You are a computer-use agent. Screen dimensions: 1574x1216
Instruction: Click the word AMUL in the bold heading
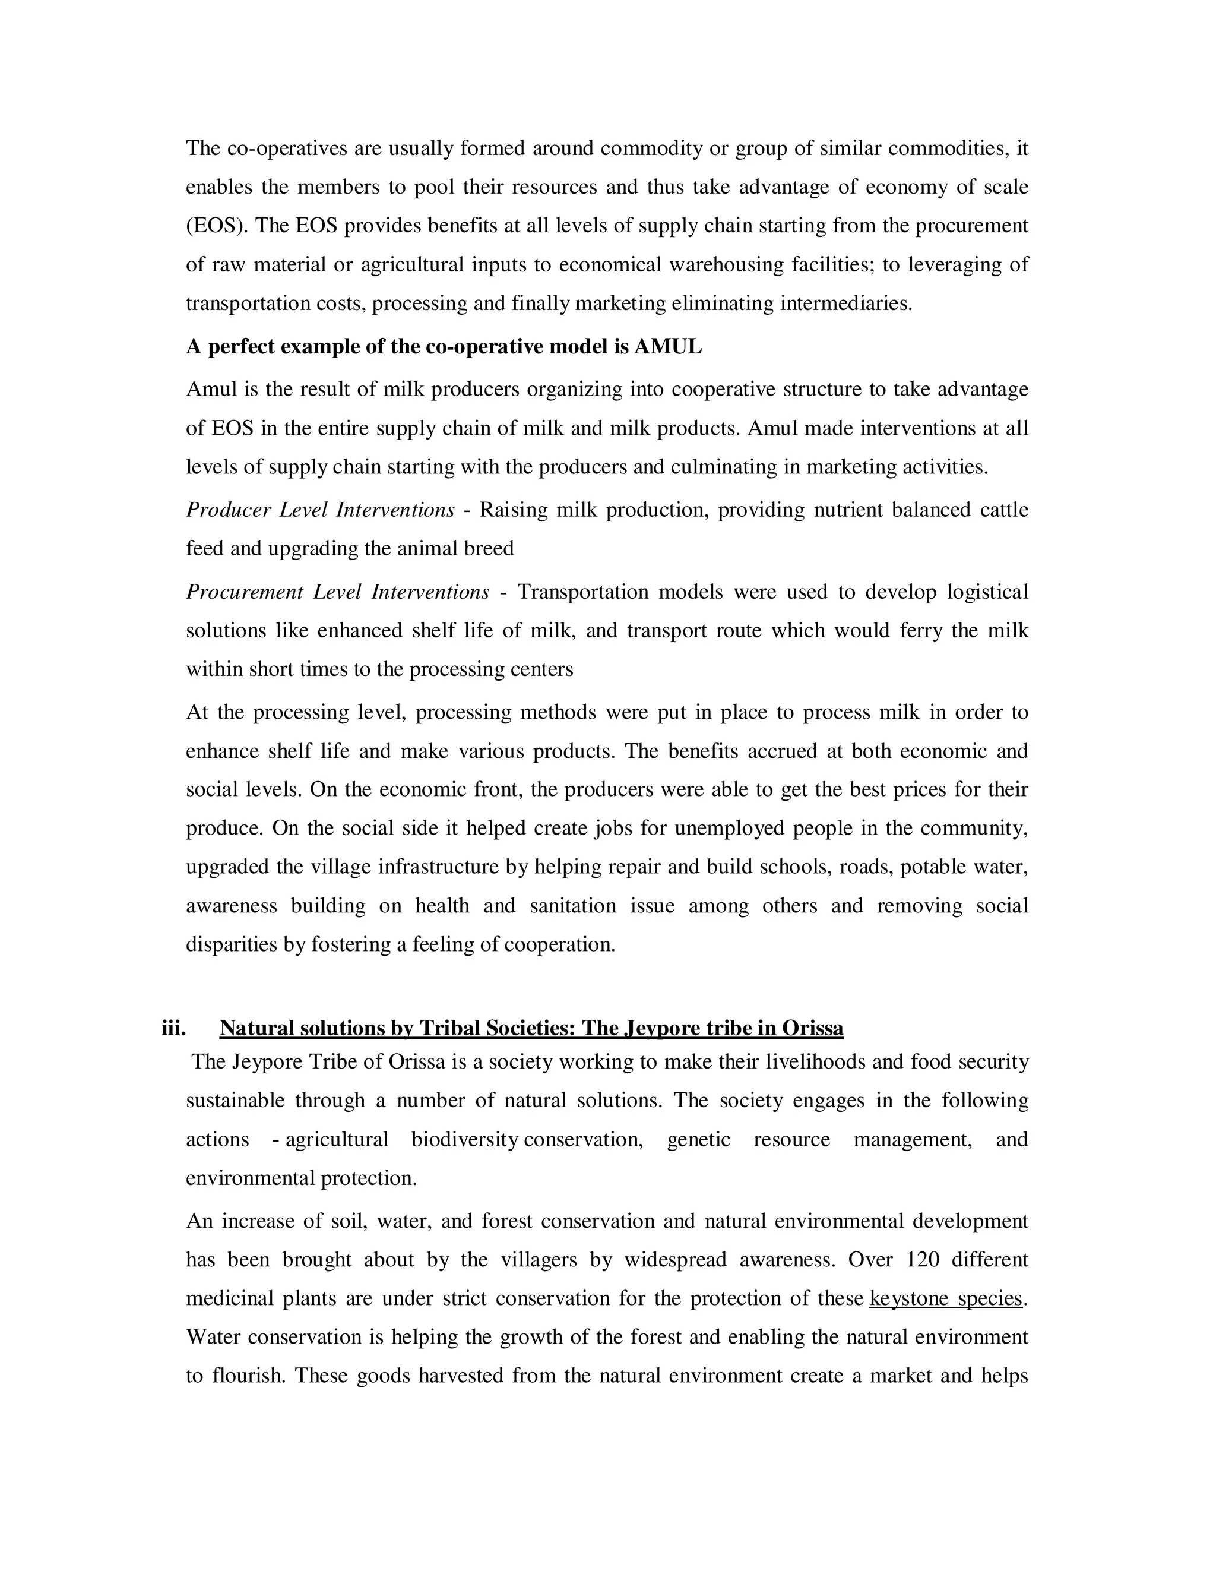click(668, 347)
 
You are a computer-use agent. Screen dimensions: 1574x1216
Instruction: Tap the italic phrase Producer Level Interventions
click(320, 510)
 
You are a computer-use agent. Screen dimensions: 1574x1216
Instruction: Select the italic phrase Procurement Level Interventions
click(337, 592)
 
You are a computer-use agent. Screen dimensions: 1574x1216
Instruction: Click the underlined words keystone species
click(946, 1298)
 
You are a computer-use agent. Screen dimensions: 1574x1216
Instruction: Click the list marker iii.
click(173, 1028)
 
